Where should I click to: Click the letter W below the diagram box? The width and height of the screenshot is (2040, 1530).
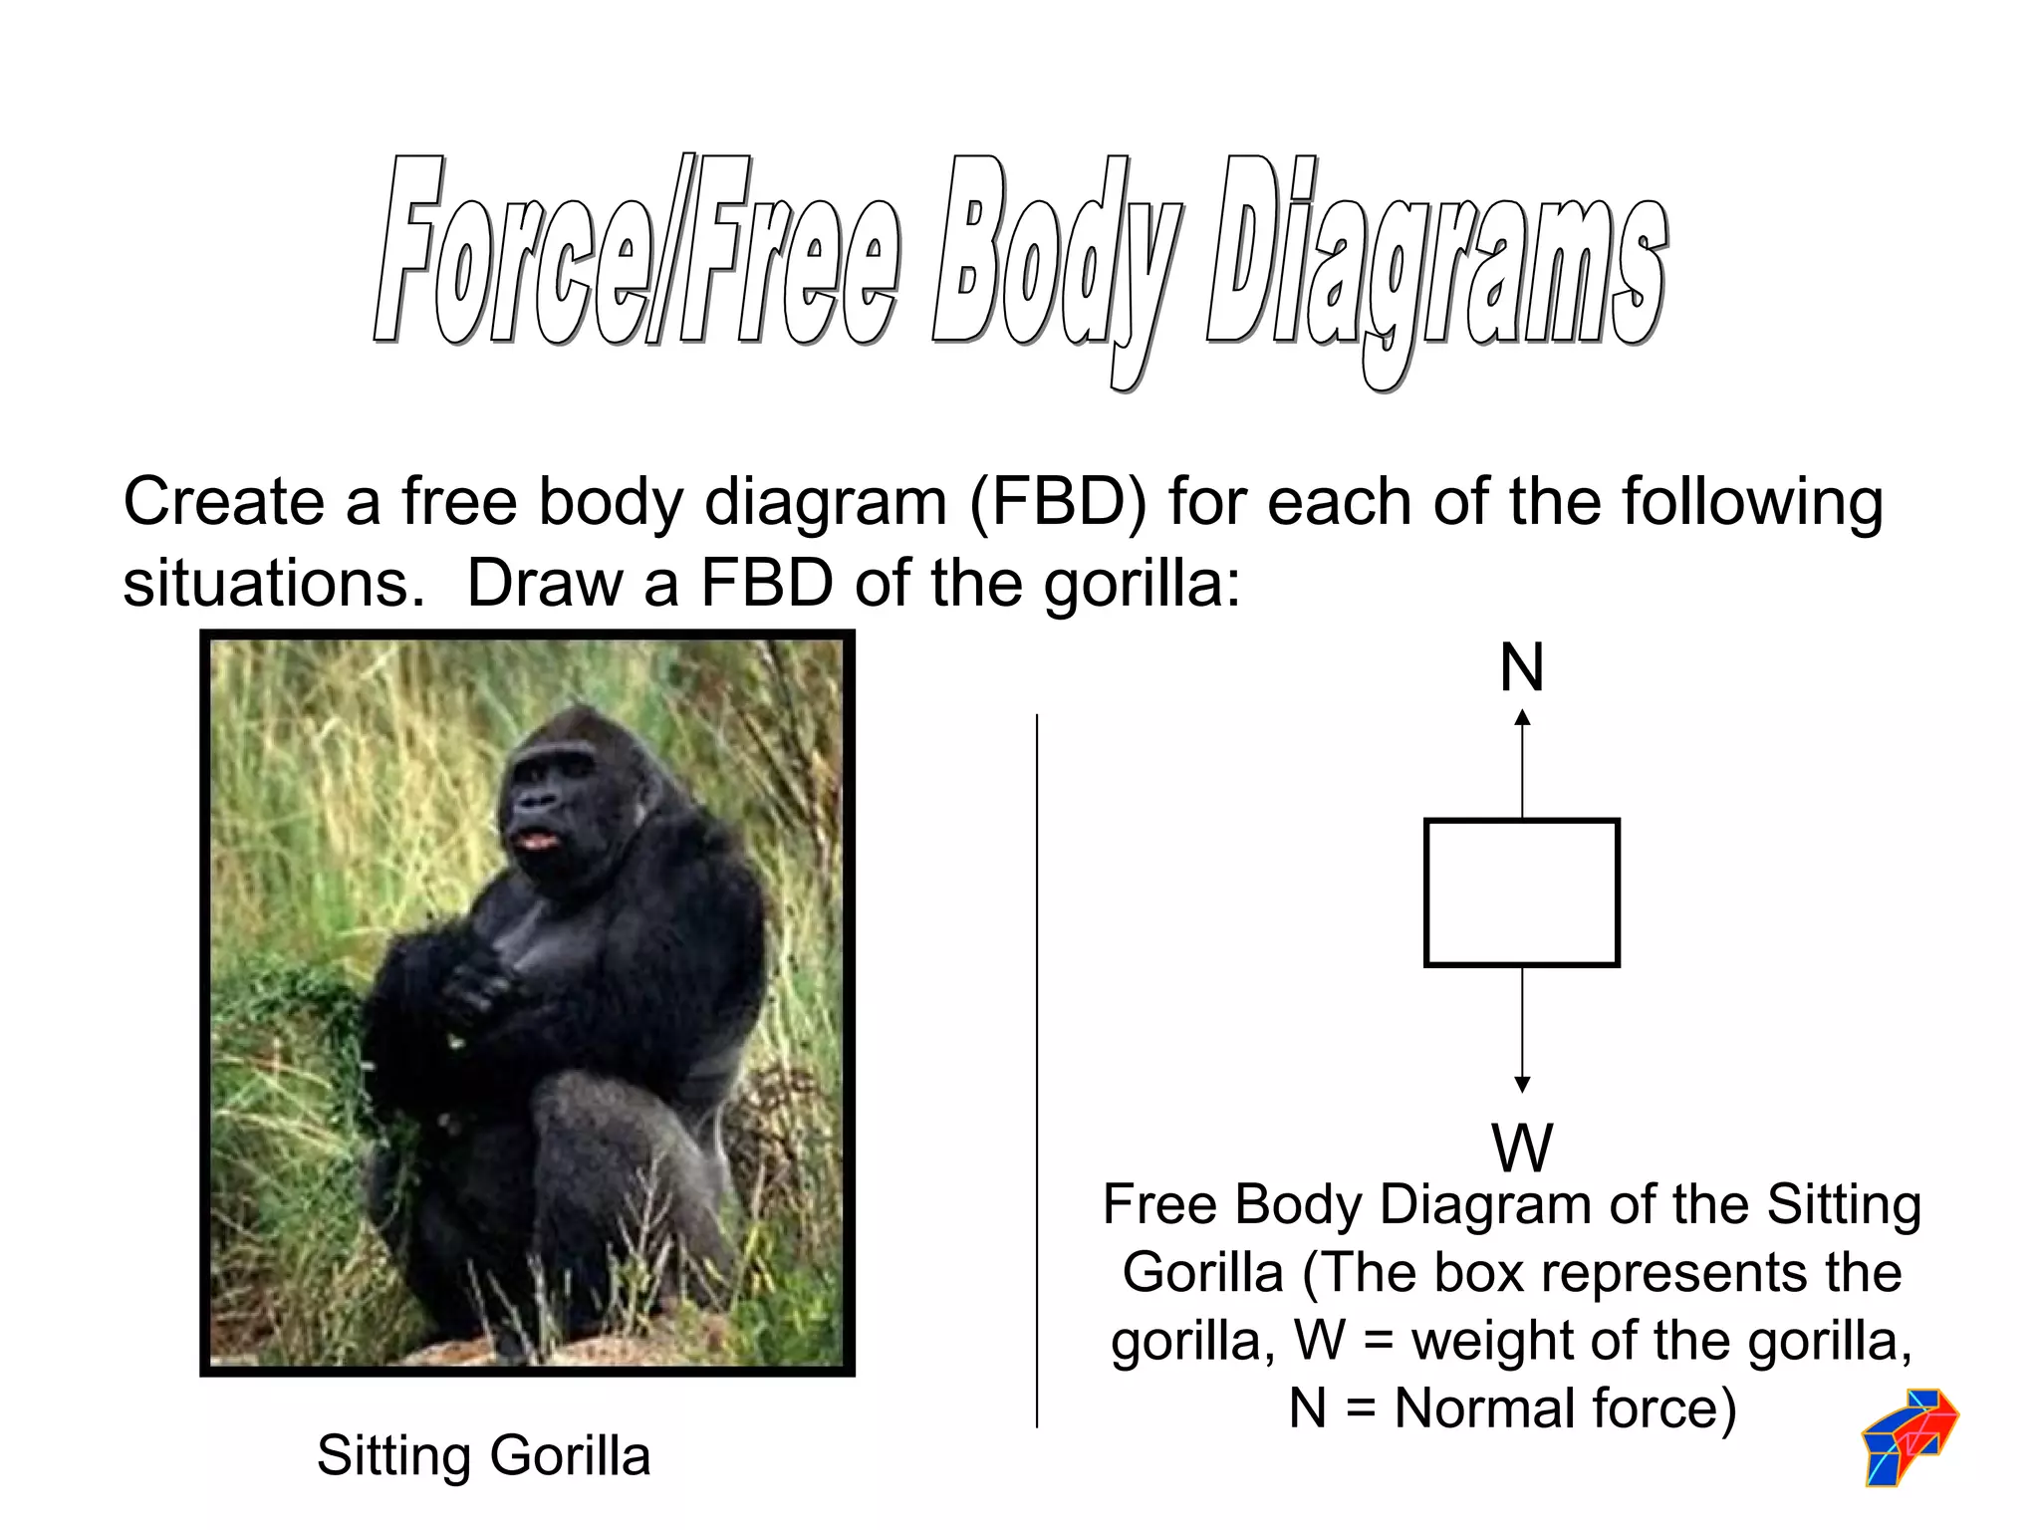point(1522,1147)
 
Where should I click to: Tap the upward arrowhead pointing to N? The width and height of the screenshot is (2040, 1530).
point(1522,717)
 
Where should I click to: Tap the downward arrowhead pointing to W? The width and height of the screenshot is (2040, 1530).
point(1522,1084)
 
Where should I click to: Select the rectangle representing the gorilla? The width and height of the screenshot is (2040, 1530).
point(1522,892)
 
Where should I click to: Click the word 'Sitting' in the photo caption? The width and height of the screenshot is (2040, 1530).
point(394,1455)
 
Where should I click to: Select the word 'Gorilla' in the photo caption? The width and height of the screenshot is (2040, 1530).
point(570,1455)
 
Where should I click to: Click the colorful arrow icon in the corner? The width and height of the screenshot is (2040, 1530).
point(1910,1436)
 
